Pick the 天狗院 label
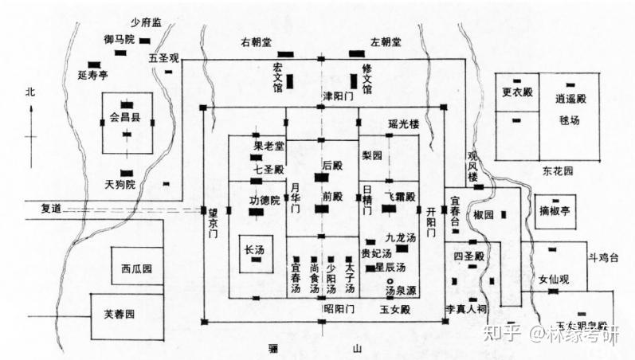(x=120, y=186)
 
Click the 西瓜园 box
(x=131, y=268)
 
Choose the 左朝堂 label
(x=386, y=40)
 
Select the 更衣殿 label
(x=517, y=94)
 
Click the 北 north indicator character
(x=30, y=92)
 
